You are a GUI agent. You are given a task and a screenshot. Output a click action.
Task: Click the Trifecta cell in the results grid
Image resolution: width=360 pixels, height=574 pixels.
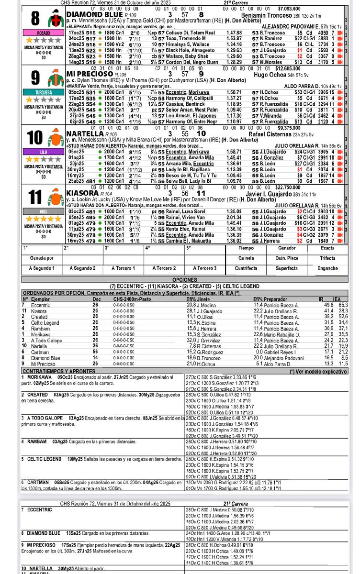pyautogui.click(x=327, y=258)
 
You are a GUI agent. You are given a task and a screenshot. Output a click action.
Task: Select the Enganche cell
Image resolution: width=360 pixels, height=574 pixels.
pyautogui.click(x=327, y=268)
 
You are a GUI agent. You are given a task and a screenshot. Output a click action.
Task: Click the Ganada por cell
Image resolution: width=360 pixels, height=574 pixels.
pyautogui.click(x=41, y=258)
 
